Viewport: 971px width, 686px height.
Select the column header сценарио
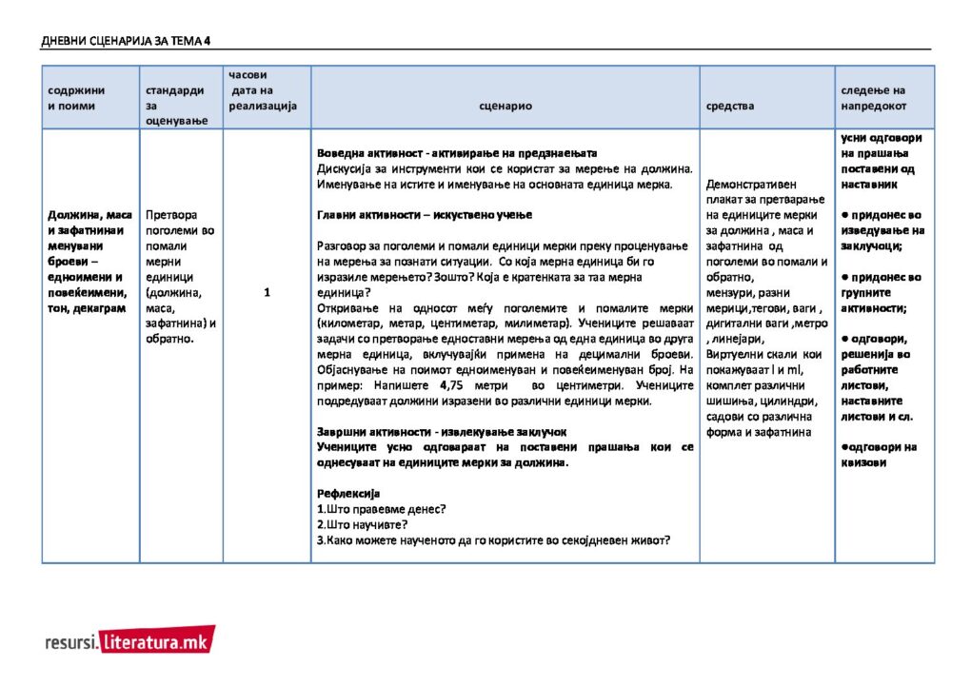(505, 107)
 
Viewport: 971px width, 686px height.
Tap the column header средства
(730, 107)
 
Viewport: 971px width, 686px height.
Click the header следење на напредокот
(874, 98)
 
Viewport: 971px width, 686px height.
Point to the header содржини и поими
(77, 98)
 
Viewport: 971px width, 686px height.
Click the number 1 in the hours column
(268, 293)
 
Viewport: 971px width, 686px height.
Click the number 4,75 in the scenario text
(450, 385)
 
